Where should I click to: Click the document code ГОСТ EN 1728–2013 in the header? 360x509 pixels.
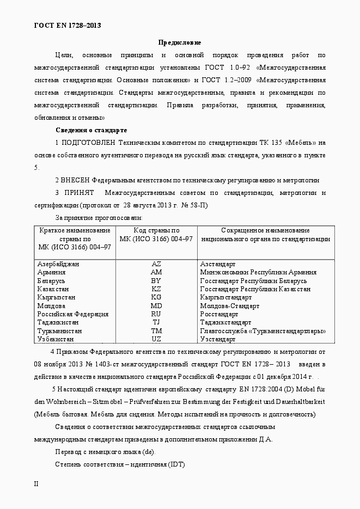[x=68, y=25]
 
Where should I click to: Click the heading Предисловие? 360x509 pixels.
[x=180, y=42]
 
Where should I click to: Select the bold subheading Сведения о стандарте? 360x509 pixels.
[x=91, y=130]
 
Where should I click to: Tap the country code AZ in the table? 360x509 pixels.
[x=156, y=264]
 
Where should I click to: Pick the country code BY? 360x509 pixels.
[x=156, y=281]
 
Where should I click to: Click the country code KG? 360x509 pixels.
[x=156, y=298]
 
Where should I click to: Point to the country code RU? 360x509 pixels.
[x=156, y=314]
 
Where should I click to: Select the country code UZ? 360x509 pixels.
[x=156, y=339]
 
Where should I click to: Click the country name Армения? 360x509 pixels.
[x=52, y=272]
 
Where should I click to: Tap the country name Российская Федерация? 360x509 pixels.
[x=73, y=314]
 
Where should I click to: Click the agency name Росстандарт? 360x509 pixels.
[x=219, y=314]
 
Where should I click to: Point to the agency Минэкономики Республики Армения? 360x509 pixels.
[x=258, y=272]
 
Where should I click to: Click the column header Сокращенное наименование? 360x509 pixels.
[x=265, y=231]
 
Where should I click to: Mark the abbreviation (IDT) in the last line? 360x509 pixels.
[x=176, y=464]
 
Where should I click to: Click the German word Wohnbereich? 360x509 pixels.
[x=62, y=402]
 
